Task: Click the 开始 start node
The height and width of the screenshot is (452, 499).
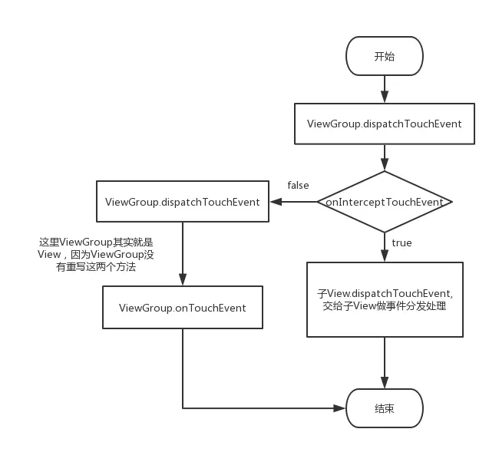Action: pos(385,57)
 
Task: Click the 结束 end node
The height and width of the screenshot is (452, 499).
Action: pos(385,408)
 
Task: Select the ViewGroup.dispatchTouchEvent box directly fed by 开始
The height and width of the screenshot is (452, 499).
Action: pos(385,124)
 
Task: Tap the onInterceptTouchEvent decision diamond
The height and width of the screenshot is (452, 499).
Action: pos(385,202)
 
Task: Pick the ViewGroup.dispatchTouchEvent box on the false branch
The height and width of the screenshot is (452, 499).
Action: pos(182,202)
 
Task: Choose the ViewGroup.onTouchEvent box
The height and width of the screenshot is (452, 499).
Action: pos(182,308)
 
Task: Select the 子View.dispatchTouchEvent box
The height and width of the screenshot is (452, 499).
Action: pos(385,299)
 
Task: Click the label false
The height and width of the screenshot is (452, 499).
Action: pos(298,186)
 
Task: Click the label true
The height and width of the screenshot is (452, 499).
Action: pos(402,242)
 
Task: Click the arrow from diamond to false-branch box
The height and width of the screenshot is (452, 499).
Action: pos(293,202)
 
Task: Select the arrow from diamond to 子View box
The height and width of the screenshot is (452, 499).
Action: pos(385,247)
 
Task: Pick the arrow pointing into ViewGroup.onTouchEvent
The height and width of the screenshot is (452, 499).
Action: pos(182,254)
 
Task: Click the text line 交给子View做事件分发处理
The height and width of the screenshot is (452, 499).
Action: pos(385,306)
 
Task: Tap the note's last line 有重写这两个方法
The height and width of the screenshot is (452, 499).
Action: pos(96,267)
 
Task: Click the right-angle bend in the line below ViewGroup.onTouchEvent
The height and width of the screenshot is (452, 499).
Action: pos(183,408)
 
